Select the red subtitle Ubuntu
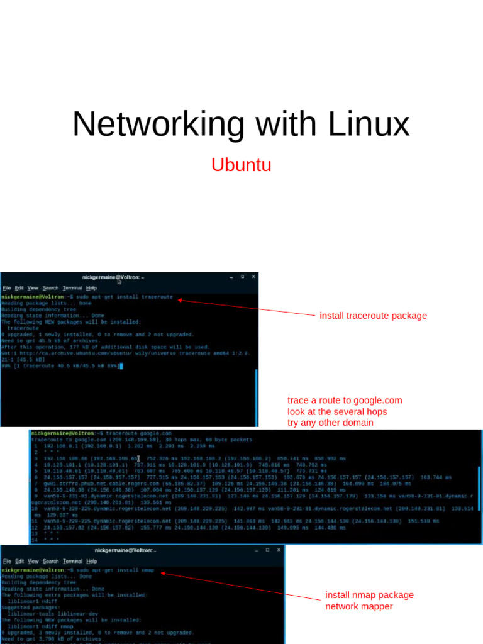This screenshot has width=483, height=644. click(x=241, y=165)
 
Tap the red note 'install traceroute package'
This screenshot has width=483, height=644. click(x=373, y=316)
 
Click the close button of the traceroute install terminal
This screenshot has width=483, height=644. click(x=253, y=277)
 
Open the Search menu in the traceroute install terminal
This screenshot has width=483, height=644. click(x=50, y=288)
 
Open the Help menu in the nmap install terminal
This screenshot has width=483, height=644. click(x=92, y=561)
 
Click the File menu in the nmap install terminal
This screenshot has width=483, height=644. click(x=7, y=561)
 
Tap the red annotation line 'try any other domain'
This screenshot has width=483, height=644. click(x=330, y=423)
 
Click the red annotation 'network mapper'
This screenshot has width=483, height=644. click(x=358, y=606)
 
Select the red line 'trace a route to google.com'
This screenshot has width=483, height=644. click(x=345, y=400)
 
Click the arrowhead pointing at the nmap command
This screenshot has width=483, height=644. click(x=162, y=573)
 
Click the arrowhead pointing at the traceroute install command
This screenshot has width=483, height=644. click(x=179, y=300)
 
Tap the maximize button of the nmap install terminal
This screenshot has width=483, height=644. click(x=267, y=550)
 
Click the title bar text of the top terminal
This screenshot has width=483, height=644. click(x=113, y=277)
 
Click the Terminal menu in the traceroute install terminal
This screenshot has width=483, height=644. click(x=72, y=288)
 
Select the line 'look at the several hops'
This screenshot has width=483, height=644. click(x=337, y=411)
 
